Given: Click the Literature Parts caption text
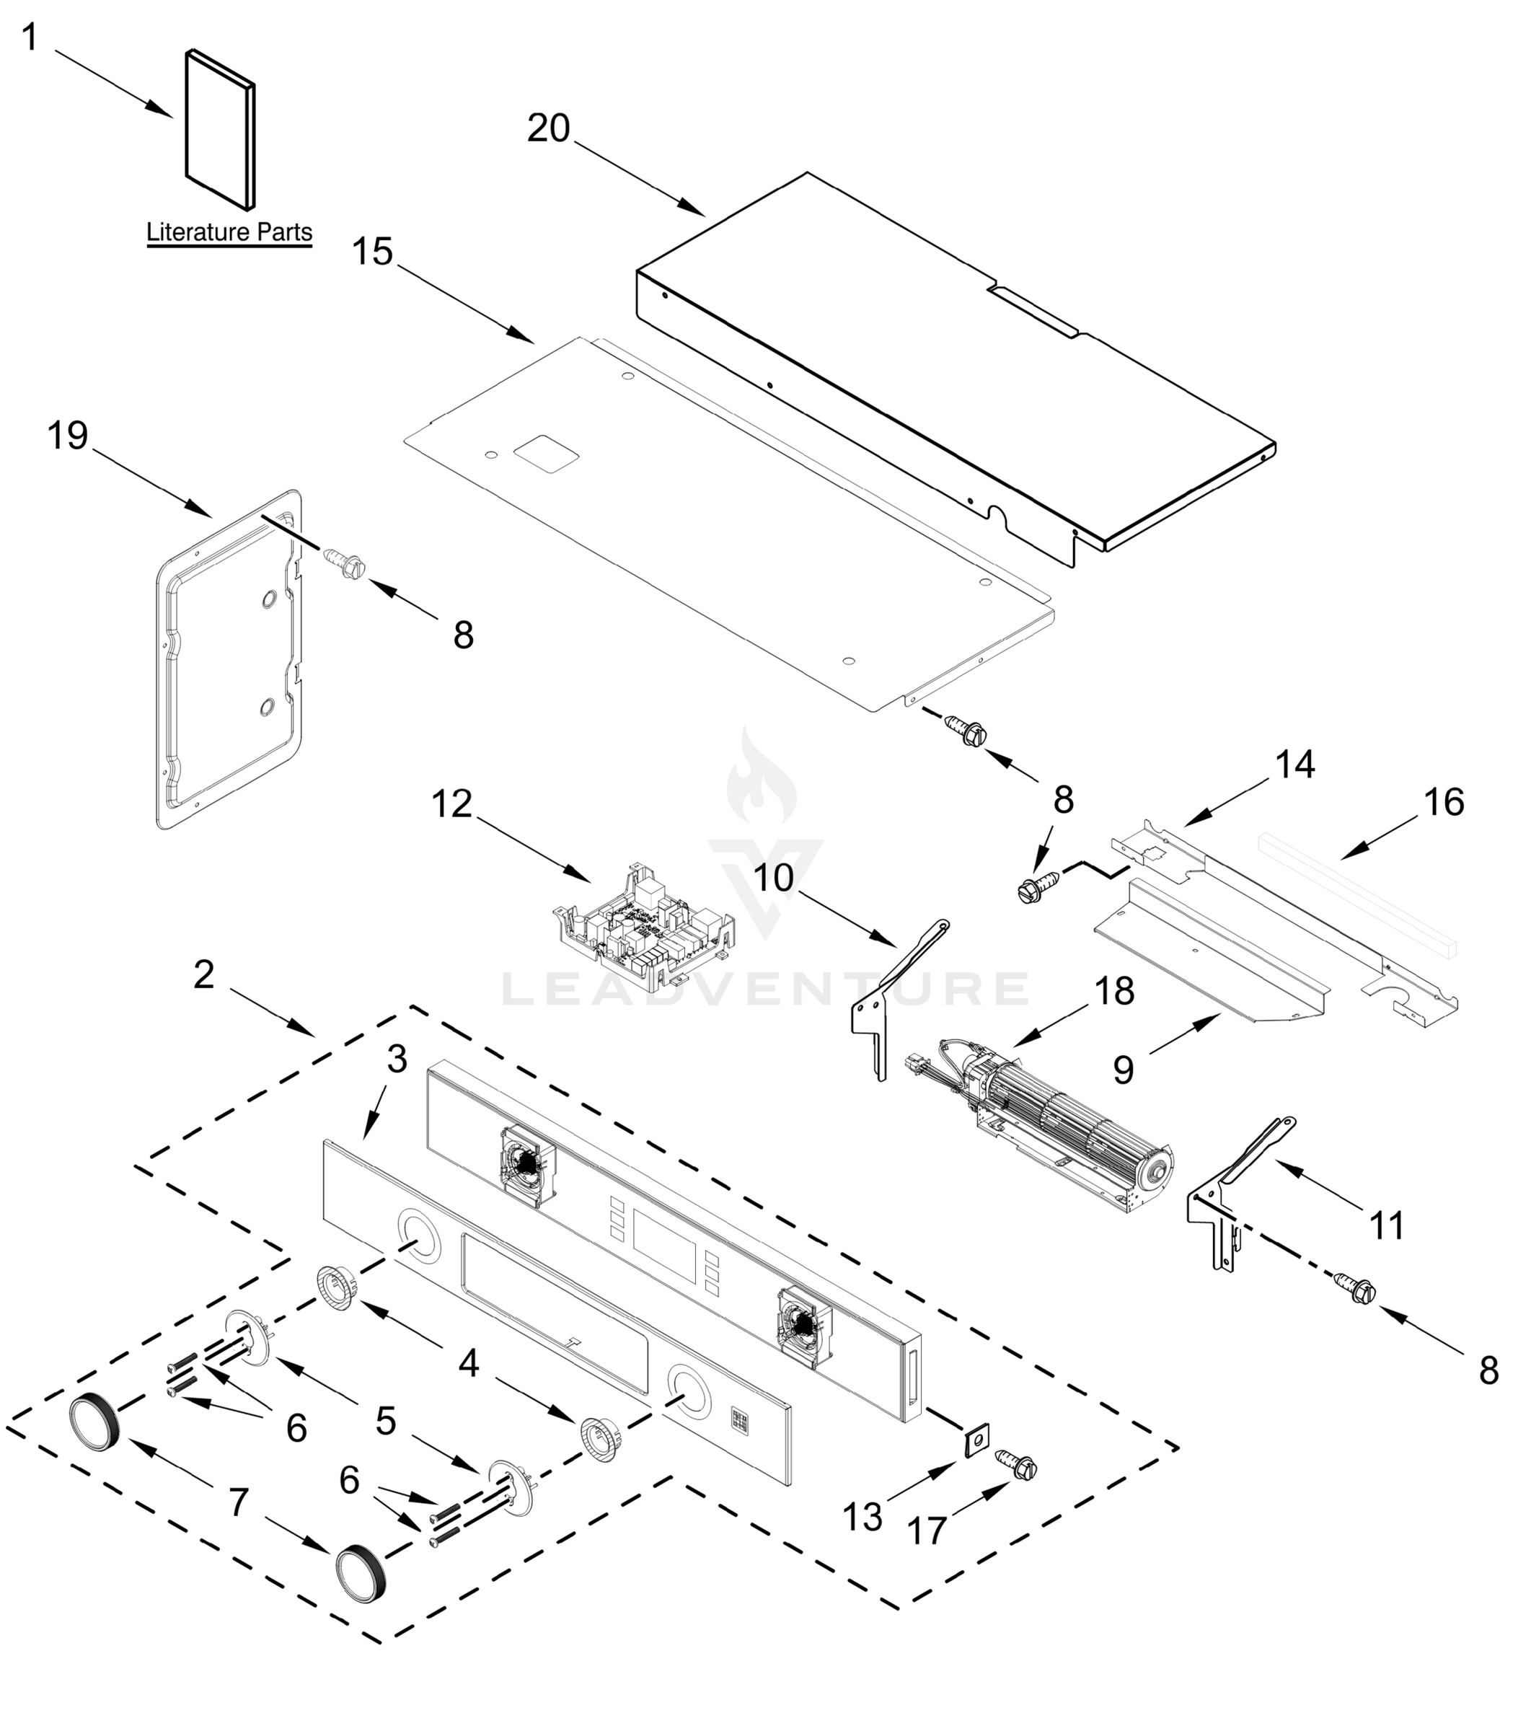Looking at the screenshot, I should click(229, 232).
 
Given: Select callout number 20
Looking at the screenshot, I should click(549, 128).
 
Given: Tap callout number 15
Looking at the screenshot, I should click(373, 252).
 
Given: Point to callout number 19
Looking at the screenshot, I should click(68, 436).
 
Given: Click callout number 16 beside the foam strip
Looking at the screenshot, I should click(1443, 802).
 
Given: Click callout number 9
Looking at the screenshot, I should click(1123, 1070).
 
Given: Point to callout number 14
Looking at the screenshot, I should click(1294, 765).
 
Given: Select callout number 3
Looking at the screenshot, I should click(397, 1059).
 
